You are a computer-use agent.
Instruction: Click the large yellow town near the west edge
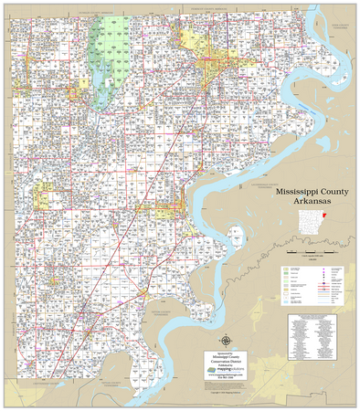point(42,195)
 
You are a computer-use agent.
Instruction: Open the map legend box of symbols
point(311,283)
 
